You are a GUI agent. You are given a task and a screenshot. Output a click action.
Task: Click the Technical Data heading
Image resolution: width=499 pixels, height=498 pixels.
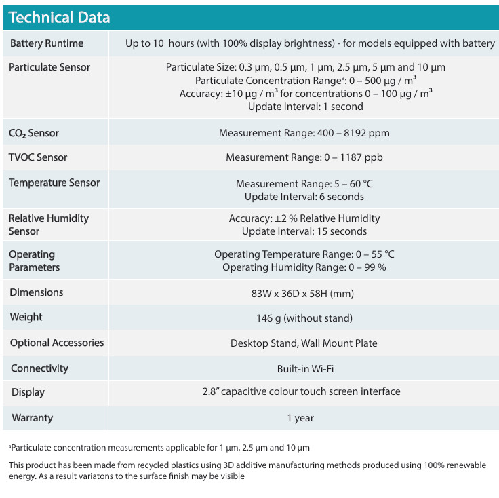[x=59, y=18]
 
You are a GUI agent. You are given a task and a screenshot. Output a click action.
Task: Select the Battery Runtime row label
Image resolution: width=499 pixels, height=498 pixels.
[x=47, y=43]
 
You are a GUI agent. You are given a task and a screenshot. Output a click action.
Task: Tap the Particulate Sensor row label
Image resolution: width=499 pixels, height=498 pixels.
[x=49, y=67]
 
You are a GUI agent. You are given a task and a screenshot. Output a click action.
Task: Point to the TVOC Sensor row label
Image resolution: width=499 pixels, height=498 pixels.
[x=38, y=157]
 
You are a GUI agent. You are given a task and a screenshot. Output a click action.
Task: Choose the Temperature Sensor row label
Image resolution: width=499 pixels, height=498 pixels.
[x=54, y=183]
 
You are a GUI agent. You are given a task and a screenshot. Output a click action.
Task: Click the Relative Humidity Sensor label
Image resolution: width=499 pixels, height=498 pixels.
[x=48, y=225]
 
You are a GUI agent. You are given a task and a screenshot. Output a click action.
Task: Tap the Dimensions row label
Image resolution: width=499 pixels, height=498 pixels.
[x=37, y=292]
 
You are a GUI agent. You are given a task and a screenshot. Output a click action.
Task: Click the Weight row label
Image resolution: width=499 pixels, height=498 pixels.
[x=26, y=317]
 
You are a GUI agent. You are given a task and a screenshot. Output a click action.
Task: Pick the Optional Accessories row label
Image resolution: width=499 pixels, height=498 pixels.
[x=57, y=343]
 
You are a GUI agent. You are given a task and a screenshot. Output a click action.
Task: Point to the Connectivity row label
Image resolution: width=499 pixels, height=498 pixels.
[x=39, y=368]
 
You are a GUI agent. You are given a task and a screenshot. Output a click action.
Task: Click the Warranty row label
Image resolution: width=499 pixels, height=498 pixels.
[x=32, y=418]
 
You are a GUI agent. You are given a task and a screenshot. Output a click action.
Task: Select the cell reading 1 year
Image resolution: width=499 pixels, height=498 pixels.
[x=300, y=418]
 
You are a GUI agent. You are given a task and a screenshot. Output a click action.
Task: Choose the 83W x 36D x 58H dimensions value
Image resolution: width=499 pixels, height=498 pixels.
[x=302, y=294]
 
